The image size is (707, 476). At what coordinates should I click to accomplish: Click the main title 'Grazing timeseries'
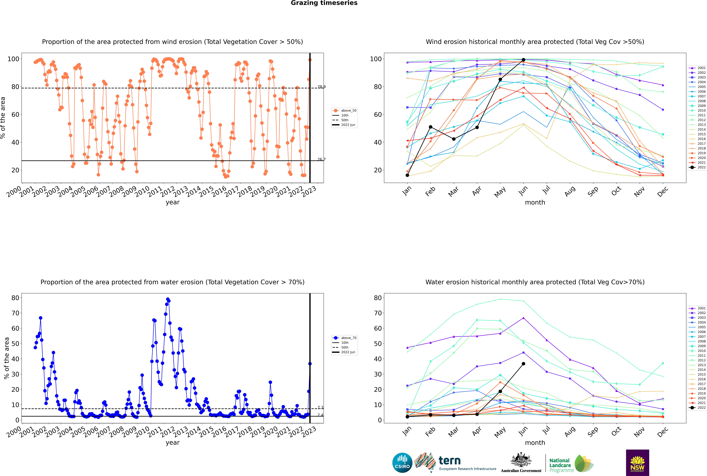[324, 3]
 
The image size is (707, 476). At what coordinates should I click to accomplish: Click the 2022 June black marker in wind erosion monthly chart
[523, 60]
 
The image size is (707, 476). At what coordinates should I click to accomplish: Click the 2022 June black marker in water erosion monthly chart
[523, 364]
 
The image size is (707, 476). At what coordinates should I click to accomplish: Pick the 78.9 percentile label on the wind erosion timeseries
[322, 87]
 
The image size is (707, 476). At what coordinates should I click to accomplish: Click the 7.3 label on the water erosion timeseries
[320, 407]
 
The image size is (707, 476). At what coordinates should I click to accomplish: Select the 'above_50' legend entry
[344, 111]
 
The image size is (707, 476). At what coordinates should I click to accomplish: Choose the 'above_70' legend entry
[344, 338]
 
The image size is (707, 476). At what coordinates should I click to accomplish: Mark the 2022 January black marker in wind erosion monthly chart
[407, 175]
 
